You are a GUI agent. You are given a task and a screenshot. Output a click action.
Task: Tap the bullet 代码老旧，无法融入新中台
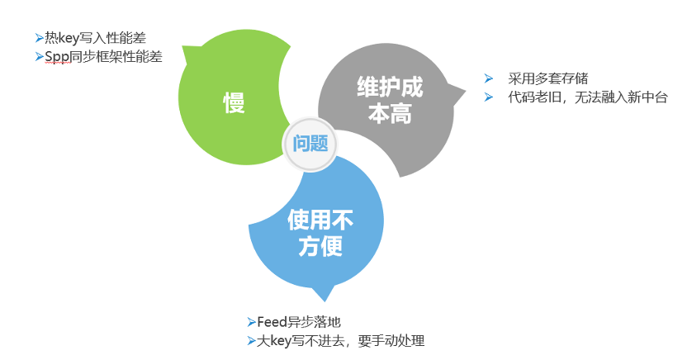point(586,97)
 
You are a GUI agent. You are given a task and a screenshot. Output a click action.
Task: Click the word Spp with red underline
point(55,57)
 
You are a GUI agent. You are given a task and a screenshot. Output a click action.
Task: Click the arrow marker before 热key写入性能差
point(40,37)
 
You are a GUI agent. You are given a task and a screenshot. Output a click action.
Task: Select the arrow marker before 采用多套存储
point(490,78)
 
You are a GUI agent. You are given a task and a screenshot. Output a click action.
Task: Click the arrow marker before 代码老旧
point(490,97)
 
